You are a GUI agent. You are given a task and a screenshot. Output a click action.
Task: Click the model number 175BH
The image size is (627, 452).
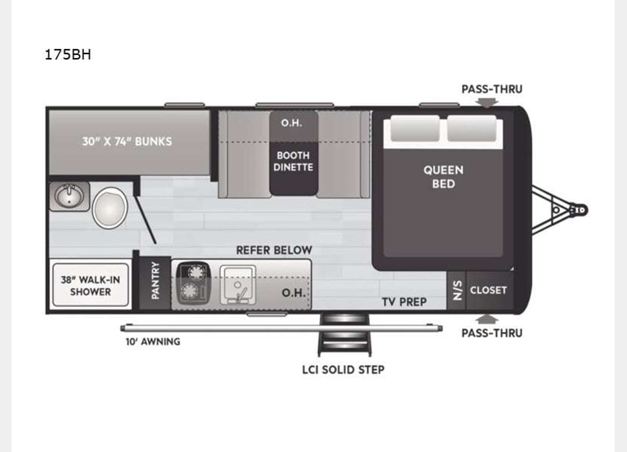(x=68, y=55)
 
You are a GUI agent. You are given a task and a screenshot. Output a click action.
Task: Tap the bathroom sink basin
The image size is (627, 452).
(x=69, y=196)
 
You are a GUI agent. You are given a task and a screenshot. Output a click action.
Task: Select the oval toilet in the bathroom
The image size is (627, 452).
(x=109, y=208)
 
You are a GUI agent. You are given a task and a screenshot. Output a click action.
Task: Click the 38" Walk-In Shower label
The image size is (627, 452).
(x=90, y=285)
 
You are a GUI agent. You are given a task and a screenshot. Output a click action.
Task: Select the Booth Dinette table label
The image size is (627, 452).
(x=293, y=161)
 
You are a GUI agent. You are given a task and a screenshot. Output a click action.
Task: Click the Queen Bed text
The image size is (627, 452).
(x=443, y=176)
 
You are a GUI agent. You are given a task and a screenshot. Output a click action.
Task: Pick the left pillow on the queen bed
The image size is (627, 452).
(x=412, y=129)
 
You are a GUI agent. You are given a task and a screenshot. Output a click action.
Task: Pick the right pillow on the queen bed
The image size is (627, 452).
(x=472, y=129)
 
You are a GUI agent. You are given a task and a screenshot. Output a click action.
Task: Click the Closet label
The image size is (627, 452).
(x=488, y=290)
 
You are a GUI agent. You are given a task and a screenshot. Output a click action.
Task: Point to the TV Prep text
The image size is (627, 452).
(x=404, y=302)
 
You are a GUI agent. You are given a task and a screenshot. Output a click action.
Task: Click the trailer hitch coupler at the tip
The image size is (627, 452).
(x=580, y=210)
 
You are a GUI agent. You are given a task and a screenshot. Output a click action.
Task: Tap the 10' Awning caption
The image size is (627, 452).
(x=153, y=341)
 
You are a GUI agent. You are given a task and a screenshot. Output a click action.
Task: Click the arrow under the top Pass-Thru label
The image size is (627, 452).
(x=491, y=101)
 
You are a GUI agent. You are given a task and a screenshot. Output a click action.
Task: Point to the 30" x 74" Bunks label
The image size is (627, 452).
(x=127, y=141)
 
